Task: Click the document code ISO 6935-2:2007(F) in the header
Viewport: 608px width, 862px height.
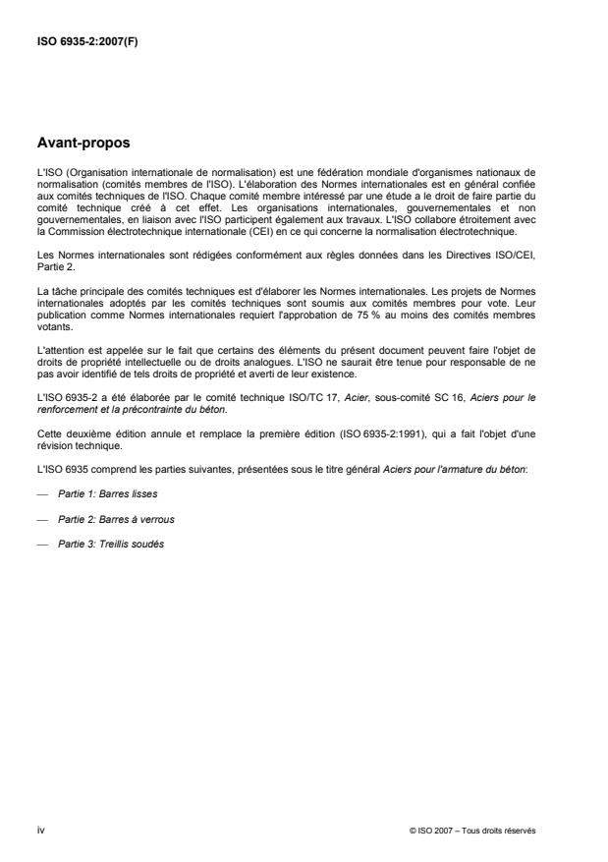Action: [87, 42]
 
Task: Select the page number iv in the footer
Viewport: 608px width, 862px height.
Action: [40, 830]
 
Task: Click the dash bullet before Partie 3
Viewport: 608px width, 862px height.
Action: [41, 545]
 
